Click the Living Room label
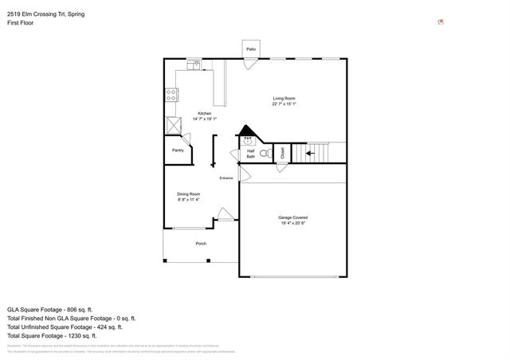coord(284,99)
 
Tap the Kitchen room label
coord(204,113)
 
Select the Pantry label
coord(178,150)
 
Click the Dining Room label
coord(188,194)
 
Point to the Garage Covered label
coord(292,217)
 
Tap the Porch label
coord(201,244)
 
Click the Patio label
coord(251,49)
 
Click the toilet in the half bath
coord(269,151)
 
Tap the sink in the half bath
coord(248,139)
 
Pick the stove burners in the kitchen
coord(171,95)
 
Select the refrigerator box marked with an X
coord(173,124)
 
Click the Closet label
coord(283,153)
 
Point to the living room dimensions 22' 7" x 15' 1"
coord(284,104)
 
